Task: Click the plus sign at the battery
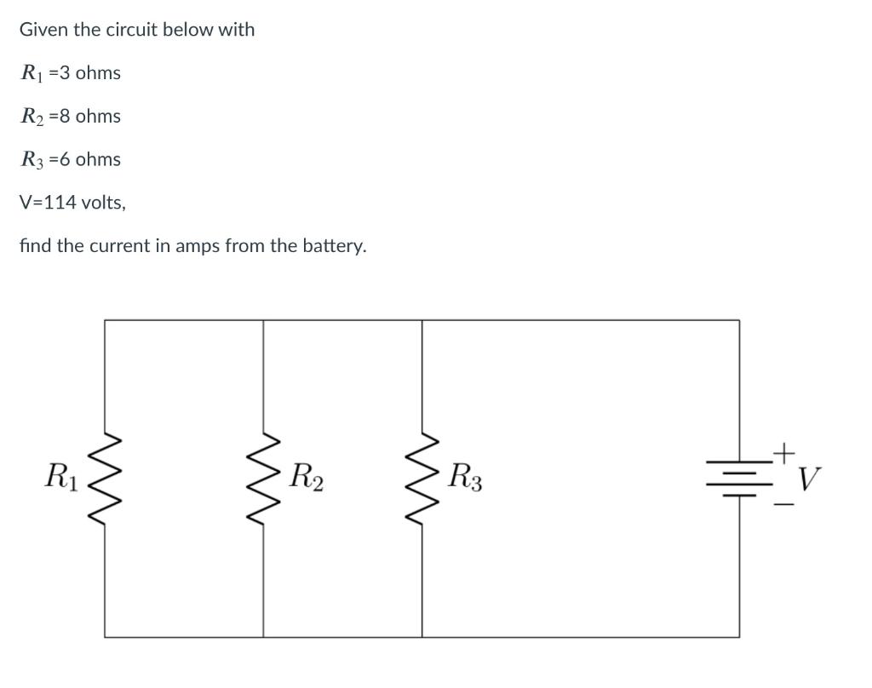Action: (x=785, y=449)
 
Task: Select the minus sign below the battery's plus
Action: (x=785, y=507)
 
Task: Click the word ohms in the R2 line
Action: (x=98, y=116)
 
